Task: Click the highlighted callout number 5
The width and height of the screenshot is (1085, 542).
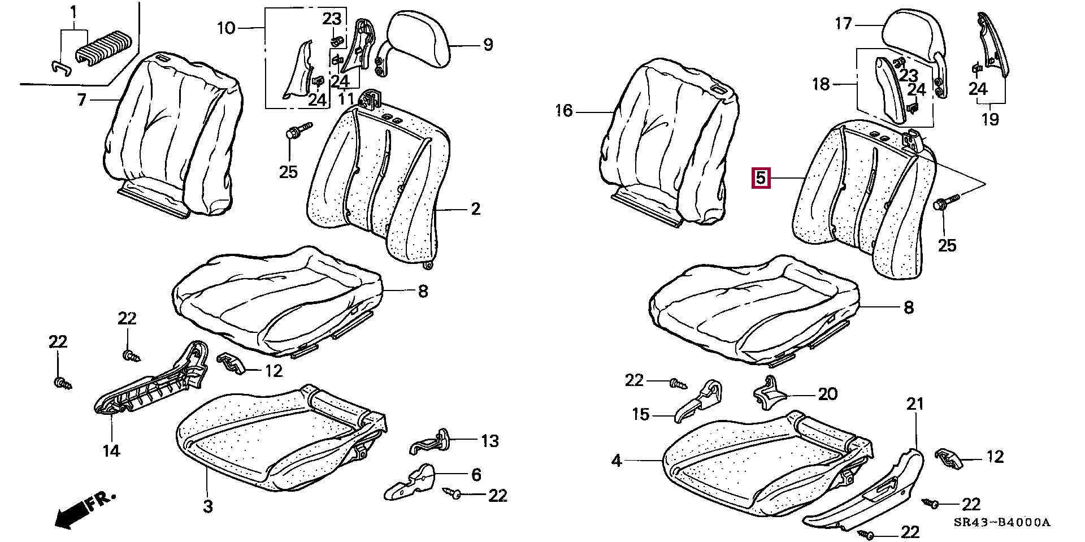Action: [x=761, y=179]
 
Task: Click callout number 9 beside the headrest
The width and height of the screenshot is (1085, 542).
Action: [x=488, y=45]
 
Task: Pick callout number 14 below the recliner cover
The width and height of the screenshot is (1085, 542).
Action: [x=111, y=450]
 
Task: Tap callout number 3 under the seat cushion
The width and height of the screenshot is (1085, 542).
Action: [x=207, y=506]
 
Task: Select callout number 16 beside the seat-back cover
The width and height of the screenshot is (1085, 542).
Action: [x=563, y=110]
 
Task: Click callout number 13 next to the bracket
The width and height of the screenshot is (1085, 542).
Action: [x=490, y=440]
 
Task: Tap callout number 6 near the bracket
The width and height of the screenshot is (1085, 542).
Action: [x=476, y=475]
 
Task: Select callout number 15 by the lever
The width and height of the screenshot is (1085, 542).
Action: [x=641, y=414]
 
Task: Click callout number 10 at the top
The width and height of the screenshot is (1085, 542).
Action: [x=225, y=27]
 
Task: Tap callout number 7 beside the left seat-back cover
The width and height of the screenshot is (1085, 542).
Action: [x=81, y=100]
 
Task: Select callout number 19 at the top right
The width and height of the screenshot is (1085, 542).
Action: [x=990, y=119]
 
